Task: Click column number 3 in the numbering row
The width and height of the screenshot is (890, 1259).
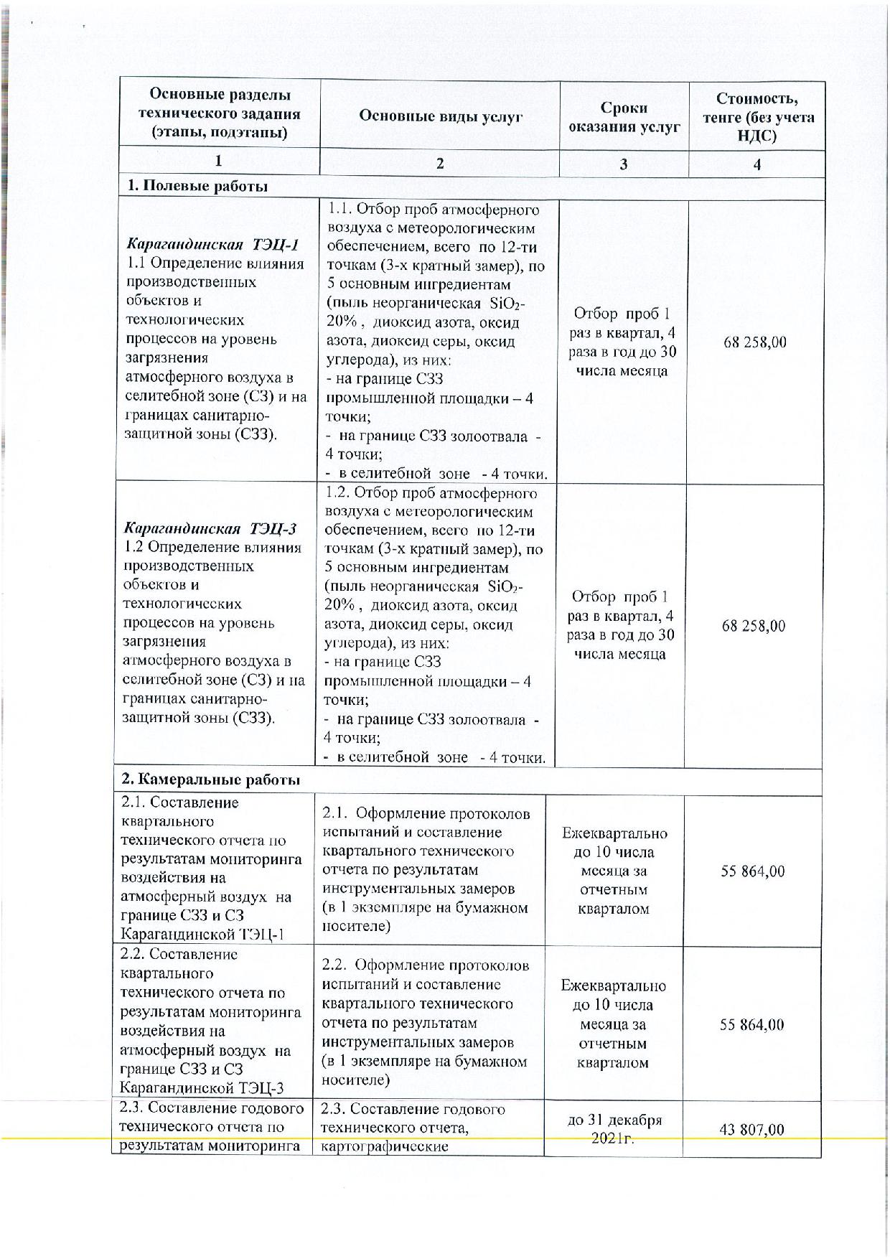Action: click(x=623, y=164)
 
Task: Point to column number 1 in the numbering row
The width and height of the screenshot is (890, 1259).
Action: click(x=218, y=162)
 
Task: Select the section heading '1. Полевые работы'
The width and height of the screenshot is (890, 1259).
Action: click(x=197, y=186)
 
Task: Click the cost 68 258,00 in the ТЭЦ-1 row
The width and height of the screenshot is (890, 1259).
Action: click(x=755, y=342)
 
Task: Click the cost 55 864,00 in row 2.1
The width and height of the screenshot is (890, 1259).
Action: click(x=752, y=871)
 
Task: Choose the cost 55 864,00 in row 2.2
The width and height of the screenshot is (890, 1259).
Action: click(x=751, y=1024)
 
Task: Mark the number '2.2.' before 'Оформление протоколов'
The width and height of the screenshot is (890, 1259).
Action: click(x=334, y=965)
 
